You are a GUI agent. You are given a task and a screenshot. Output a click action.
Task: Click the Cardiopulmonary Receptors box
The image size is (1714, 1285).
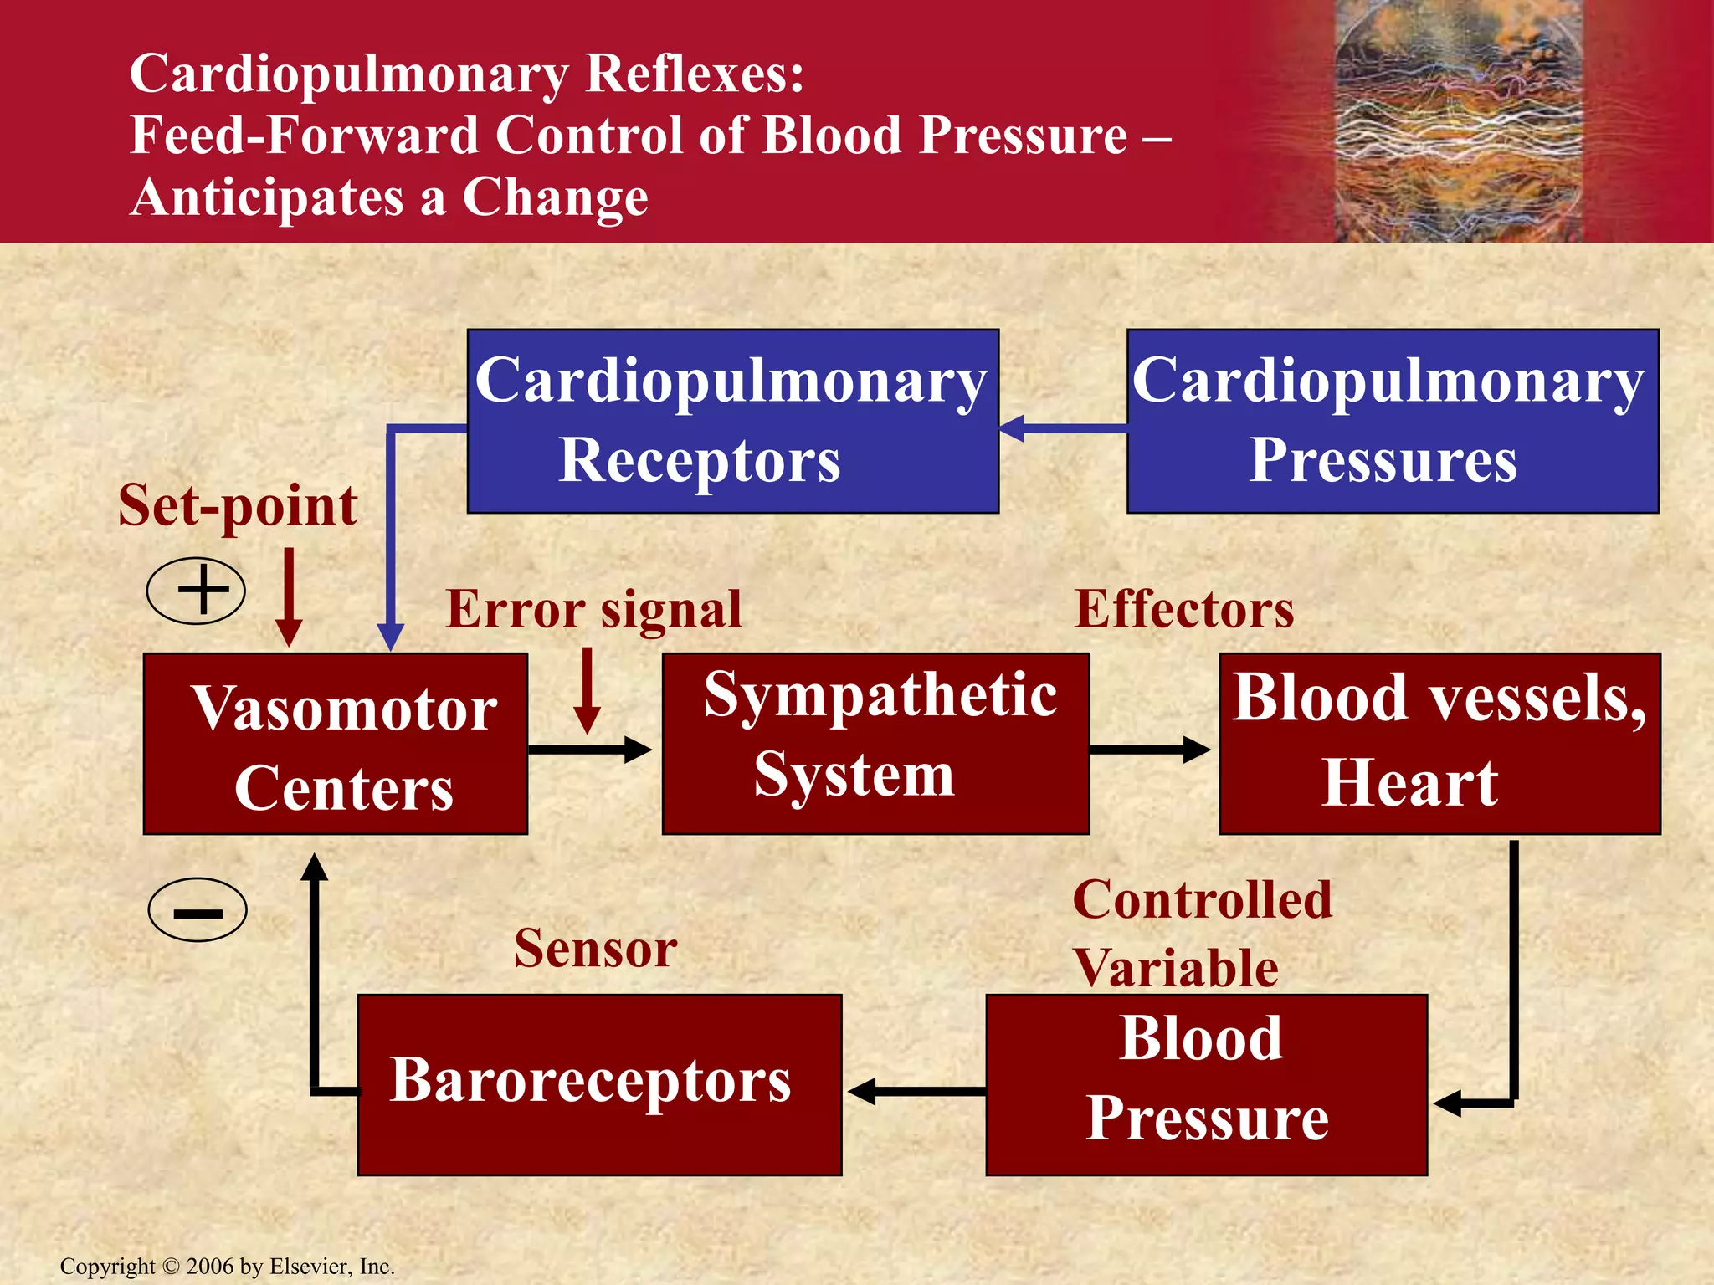click(x=732, y=421)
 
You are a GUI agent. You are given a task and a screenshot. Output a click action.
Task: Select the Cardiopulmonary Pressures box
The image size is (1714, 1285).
click(x=1393, y=421)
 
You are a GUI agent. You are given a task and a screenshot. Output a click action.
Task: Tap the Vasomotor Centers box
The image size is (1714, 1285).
click(x=335, y=744)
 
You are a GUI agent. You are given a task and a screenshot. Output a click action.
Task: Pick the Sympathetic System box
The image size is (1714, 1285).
click(x=875, y=744)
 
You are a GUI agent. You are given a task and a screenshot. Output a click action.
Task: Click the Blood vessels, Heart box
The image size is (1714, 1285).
click(x=1439, y=744)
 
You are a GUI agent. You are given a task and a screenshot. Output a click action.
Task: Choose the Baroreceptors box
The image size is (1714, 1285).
click(x=599, y=1085)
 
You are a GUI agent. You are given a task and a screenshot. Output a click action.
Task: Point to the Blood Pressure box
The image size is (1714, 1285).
click(x=1206, y=1085)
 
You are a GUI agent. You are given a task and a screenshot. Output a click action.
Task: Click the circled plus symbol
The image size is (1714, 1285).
click(x=196, y=590)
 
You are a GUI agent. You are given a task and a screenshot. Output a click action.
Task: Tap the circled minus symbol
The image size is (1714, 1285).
click(x=198, y=910)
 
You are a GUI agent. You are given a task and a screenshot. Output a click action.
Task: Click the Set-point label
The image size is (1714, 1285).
click(x=238, y=506)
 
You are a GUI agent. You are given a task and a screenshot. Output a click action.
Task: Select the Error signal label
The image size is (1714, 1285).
click(x=593, y=609)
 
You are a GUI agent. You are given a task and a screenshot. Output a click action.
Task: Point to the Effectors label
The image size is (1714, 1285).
click(x=1183, y=609)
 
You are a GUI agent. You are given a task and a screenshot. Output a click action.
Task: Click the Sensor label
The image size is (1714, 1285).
click(x=595, y=949)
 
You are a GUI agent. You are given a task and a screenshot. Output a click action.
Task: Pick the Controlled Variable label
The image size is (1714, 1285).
click(x=1201, y=934)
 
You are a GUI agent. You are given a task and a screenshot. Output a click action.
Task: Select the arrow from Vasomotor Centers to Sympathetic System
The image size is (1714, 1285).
click(x=589, y=749)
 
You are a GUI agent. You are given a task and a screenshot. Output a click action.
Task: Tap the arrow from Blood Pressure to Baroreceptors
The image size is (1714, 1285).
click(x=916, y=1091)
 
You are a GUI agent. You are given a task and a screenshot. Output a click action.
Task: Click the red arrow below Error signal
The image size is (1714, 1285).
click(x=588, y=690)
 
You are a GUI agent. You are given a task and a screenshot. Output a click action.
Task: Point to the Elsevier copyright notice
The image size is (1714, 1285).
click(x=227, y=1267)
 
